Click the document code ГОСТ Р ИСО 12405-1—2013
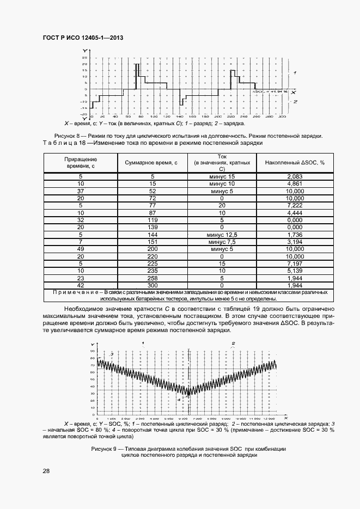[x=83, y=38]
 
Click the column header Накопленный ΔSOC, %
[x=295, y=163]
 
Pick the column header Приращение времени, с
[x=81, y=163]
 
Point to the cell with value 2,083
[x=295, y=176]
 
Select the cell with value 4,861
[x=295, y=185]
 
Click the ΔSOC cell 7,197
[x=295, y=262]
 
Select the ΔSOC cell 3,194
[x=295, y=255]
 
